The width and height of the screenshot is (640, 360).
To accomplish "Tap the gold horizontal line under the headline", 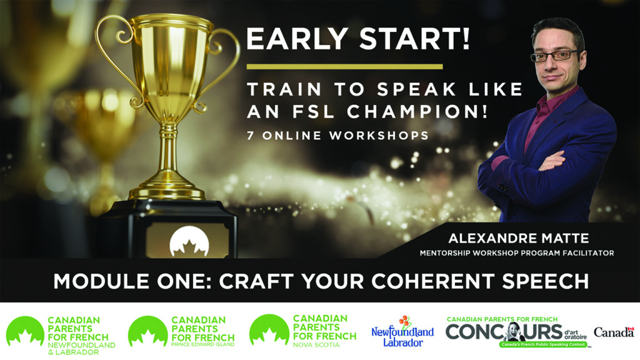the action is tap(344, 66).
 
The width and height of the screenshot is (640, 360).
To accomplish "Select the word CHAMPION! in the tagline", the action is tap(417, 111).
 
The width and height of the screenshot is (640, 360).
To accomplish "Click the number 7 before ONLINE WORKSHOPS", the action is tap(250, 136).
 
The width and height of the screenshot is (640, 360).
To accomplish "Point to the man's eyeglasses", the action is tap(556, 56).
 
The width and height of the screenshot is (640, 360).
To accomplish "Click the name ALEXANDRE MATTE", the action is tap(519, 238).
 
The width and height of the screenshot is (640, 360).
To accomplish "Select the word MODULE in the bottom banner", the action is tap(101, 281).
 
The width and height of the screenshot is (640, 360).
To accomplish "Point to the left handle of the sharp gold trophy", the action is tap(116, 61).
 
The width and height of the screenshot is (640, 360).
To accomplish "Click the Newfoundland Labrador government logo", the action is tap(402, 331).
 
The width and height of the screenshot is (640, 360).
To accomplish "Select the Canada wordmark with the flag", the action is tap(614, 332).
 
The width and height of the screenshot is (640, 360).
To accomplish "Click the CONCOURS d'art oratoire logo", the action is tap(516, 332).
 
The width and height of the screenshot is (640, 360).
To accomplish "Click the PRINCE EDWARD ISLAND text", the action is tap(203, 344).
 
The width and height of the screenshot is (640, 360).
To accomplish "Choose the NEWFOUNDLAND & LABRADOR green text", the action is tap(81, 349).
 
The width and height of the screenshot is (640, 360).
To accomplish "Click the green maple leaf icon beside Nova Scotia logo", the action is tap(269, 331).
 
